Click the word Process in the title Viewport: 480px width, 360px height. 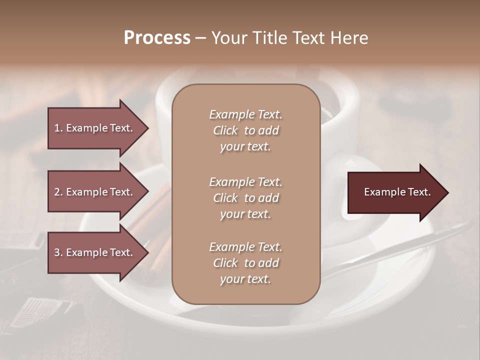click(157, 38)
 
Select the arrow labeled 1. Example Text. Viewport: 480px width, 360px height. click(95, 128)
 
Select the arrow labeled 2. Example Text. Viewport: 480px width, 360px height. click(95, 192)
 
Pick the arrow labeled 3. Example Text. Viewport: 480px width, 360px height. click(95, 252)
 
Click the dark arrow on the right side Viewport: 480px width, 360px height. click(395, 192)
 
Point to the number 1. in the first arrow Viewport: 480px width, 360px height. click(58, 128)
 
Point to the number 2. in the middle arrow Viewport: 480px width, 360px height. click(58, 192)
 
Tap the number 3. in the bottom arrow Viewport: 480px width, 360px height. click(58, 252)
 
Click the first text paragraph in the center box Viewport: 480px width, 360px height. click(245, 130)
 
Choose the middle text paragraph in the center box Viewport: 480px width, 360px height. click(245, 198)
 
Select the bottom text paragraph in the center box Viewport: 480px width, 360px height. click(245, 263)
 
